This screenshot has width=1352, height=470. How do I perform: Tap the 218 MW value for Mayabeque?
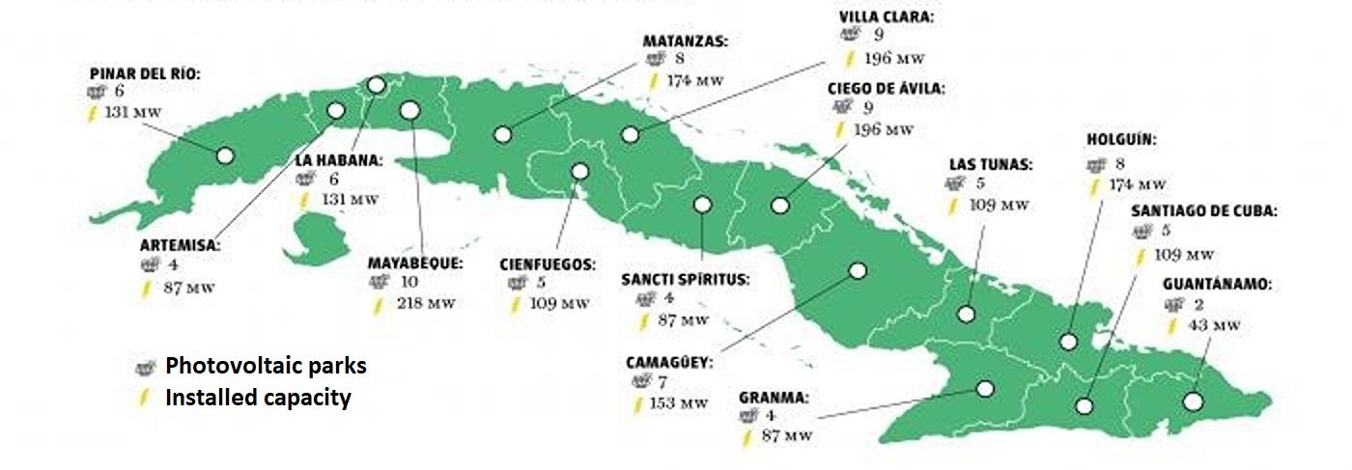point(425,303)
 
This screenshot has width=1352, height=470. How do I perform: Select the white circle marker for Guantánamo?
point(1193,401)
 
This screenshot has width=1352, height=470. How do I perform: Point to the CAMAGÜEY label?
point(669,363)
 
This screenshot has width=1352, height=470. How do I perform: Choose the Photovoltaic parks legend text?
point(266,367)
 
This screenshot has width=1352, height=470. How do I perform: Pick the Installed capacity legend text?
point(258,397)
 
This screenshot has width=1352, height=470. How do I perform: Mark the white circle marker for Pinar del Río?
point(225,155)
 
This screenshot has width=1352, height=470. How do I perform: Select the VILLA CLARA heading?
point(887,16)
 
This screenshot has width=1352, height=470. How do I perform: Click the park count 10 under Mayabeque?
point(409,282)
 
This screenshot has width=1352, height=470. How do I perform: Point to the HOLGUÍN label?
point(1120,140)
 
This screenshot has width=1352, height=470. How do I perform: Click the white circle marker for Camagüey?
point(857,271)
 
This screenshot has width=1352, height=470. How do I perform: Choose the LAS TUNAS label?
point(990,164)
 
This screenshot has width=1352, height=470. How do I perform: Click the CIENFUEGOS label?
point(548,263)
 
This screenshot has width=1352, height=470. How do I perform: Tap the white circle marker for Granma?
point(985,389)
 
